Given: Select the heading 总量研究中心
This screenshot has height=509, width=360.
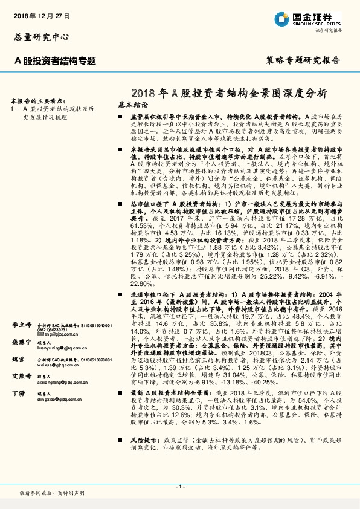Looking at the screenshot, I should pyautogui.click(x=38, y=36).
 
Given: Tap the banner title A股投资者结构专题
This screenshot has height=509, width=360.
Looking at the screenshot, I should pyautogui.click(x=56, y=60).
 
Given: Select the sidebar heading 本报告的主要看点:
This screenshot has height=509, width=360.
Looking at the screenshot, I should pyautogui.click(x=39, y=100).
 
